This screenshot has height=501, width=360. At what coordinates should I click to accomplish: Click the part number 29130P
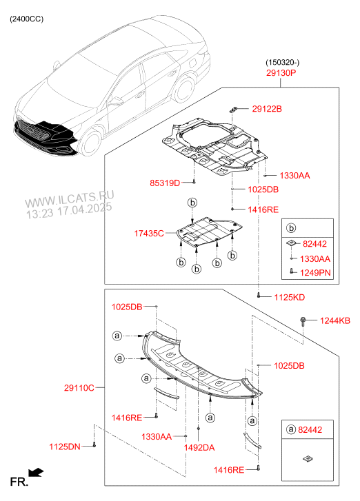point(281,73)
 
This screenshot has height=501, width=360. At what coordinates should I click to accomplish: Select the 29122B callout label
point(267,109)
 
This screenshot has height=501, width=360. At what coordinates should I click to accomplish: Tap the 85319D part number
point(165,183)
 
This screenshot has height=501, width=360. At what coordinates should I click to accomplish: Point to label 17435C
point(149,234)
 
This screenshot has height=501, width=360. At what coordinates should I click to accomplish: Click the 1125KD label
point(290,298)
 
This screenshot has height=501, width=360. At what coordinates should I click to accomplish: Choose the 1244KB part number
point(335,320)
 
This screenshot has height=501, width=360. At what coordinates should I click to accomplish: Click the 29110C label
point(79,388)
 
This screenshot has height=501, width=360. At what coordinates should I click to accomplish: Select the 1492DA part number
point(199,448)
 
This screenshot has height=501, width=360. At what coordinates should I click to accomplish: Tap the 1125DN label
point(65,447)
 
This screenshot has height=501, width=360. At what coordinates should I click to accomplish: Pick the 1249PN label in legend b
point(315,273)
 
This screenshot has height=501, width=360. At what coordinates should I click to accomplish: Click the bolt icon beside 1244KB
point(303,320)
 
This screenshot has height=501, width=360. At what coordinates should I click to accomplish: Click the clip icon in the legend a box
point(308,459)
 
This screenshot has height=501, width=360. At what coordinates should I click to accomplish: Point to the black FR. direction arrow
point(36,472)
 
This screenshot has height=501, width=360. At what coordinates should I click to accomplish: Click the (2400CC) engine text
point(26,19)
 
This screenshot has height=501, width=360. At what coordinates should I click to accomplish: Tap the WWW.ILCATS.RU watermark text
point(70,198)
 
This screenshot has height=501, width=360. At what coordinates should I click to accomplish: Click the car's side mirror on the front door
point(114,101)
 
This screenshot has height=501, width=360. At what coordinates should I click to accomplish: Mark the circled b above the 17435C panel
point(192,203)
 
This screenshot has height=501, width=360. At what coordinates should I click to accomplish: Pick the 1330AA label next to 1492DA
point(157,436)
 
